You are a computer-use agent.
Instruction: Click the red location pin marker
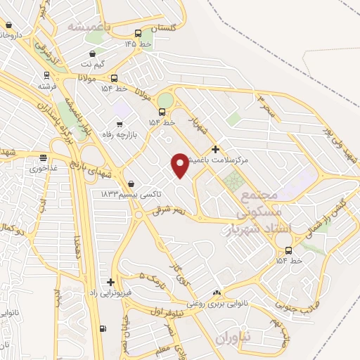(x=180, y=165)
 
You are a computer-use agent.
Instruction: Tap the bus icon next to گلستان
(x=139, y=33)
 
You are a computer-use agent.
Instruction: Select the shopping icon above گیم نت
(x=93, y=53)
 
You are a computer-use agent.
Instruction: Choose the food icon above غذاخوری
(x=44, y=157)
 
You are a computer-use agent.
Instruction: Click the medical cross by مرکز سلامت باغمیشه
(x=215, y=149)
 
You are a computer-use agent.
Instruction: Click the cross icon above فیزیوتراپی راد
(x=110, y=281)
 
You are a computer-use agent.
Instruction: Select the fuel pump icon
(x=104, y=328)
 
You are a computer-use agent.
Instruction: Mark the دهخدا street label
(x=75, y=247)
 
